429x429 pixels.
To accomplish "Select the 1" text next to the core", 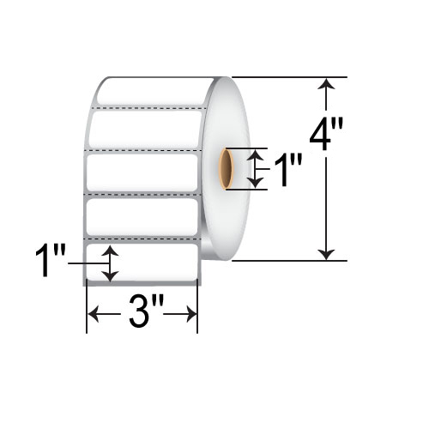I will [x=281, y=172].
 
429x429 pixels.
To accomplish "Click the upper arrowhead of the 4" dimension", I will [x=326, y=84].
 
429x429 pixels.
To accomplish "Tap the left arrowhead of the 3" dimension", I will [x=93, y=315].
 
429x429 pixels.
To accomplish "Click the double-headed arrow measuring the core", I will [x=255, y=167].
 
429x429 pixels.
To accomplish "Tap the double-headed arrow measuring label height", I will [x=109, y=263].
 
